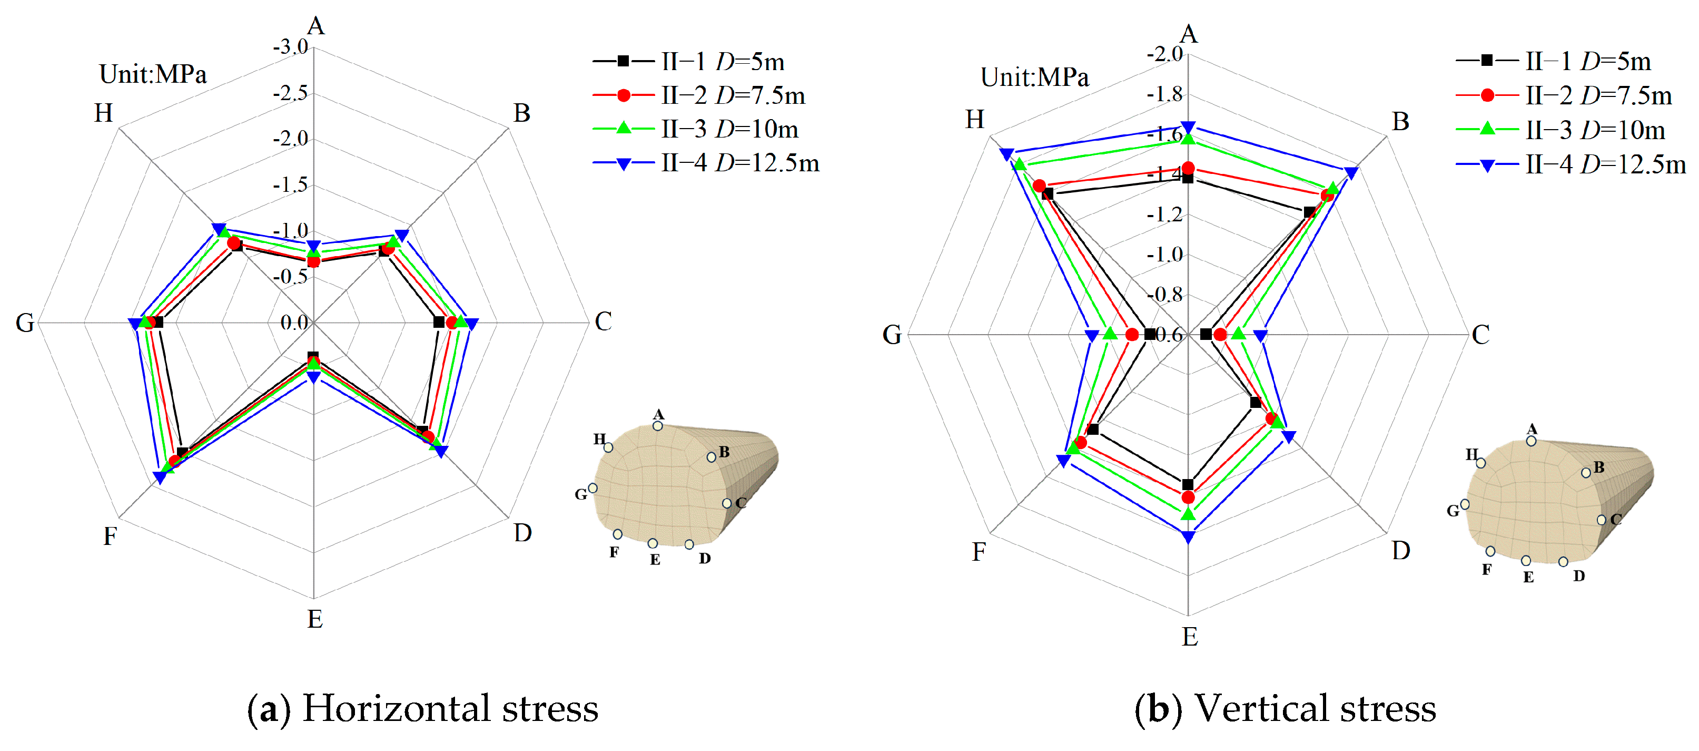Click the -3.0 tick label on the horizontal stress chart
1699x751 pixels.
click(x=290, y=47)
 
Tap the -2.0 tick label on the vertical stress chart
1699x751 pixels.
click(x=1165, y=54)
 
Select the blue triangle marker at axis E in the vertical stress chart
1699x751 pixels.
click(x=1188, y=537)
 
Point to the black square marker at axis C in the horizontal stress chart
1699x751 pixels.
click(x=439, y=322)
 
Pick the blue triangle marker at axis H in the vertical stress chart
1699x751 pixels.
click(x=1006, y=154)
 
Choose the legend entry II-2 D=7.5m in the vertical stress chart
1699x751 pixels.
click(x=1598, y=96)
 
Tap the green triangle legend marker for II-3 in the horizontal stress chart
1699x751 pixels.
click(x=623, y=128)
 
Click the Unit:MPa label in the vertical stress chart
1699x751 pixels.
click(x=1034, y=77)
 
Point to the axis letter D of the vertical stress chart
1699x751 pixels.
click(x=1401, y=550)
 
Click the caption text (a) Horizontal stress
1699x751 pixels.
click(x=423, y=708)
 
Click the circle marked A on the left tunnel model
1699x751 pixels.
click(x=658, y=426)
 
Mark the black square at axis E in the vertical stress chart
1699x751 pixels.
click(x=1188, y=484)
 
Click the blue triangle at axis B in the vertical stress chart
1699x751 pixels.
click(x=1351, y=173)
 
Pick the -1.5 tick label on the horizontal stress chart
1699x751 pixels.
click(x=290, y=185)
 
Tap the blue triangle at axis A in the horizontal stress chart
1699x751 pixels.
click(x=314, y=247)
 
